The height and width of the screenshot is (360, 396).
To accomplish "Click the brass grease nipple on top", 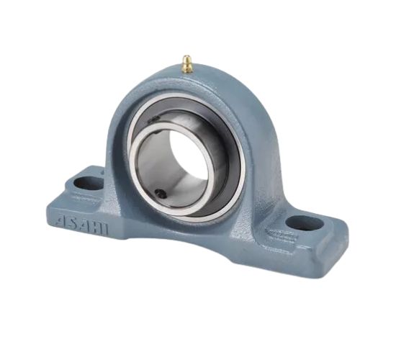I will pyautogui.click(x=186, y=64).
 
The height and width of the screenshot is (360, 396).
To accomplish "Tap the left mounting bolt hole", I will pyautogui.click(x=89, y=183).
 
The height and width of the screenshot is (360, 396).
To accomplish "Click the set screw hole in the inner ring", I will pyautogui.click(x=162, y=194).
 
